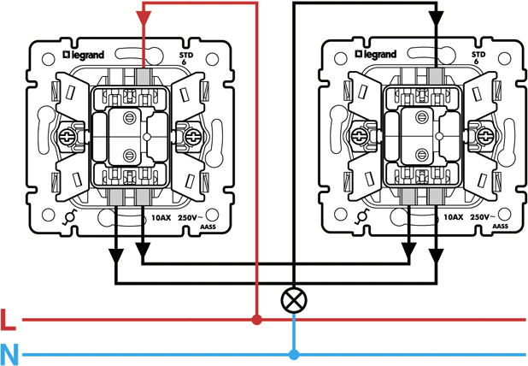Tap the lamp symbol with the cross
(294, 299)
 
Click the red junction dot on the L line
(256, 320)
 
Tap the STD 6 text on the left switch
(185, 57)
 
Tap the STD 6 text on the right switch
(478, 57)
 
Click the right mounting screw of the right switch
(484, 135)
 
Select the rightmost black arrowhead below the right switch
(437, 254)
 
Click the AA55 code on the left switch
(205, 228)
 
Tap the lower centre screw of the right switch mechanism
(422, 155)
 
